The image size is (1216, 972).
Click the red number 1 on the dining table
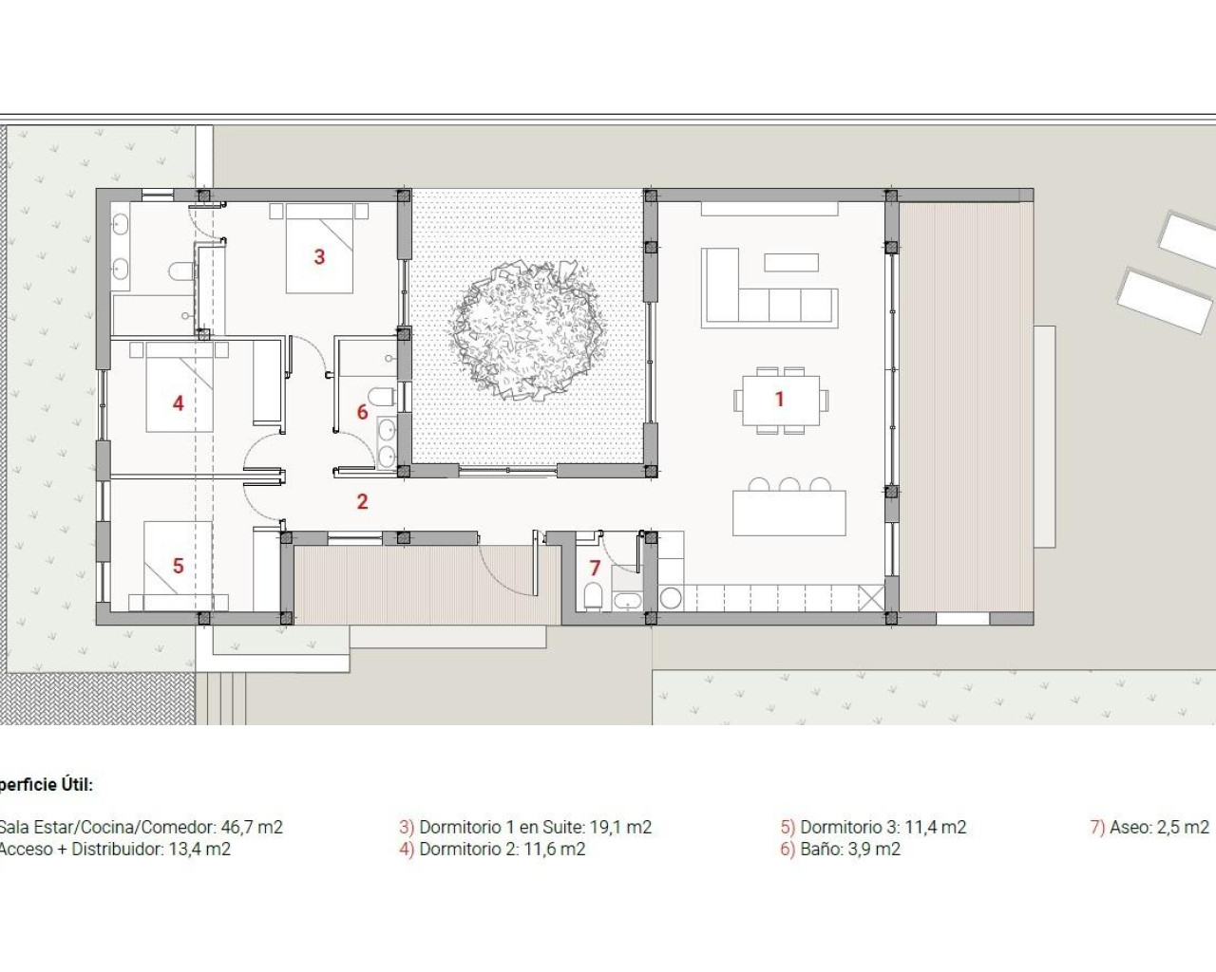point(779,399)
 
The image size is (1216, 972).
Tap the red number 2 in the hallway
point(362,501)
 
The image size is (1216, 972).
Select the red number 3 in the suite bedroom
point(319,256)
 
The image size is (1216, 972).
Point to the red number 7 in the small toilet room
point(595,568)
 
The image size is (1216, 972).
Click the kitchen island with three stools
point(788,513)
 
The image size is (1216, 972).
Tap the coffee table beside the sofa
point(790,262)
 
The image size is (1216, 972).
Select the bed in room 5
point(178,566)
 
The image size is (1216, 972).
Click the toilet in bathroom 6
point(382,396)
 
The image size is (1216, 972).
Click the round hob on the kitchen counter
point(671,598)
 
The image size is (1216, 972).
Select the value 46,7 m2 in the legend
point(252,827)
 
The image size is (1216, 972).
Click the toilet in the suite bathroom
point(180,272)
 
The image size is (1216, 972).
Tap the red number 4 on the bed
point(178,403)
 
